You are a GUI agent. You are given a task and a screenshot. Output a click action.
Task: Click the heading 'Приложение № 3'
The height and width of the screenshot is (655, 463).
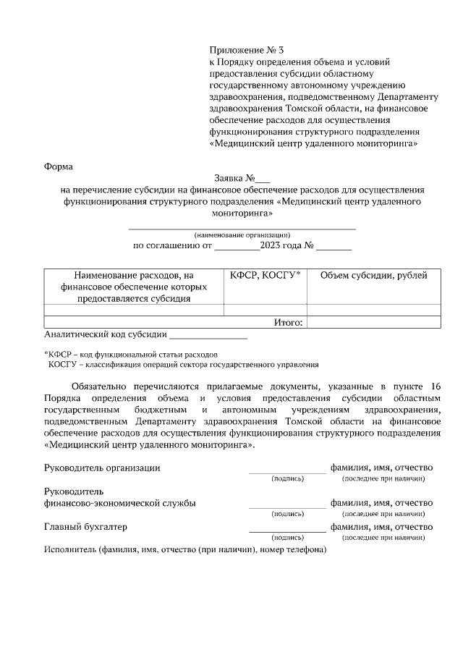pos(247,51)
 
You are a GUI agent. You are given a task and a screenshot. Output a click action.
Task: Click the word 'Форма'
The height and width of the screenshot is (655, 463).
pos(59,166)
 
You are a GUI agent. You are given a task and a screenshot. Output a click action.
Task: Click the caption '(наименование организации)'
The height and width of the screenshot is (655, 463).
pos(242,234)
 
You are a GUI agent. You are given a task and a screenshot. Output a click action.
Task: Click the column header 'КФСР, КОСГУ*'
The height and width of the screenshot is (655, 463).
pos(265,276)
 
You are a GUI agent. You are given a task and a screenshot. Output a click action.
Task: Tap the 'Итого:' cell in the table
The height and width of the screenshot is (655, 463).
pos(288,322)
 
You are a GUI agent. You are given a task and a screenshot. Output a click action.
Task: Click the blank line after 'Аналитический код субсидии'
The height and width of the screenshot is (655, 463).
pos(208,336)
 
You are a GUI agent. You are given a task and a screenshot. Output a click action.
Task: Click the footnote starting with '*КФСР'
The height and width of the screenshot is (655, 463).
pos(131,355)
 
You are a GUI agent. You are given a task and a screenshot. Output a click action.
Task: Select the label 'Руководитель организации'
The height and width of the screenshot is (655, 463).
pos(102,468)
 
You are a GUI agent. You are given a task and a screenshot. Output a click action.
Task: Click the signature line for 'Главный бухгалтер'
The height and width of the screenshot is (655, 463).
pos(287,531)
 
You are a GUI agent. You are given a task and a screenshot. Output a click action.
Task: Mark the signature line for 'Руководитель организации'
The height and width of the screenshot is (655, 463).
pos(287,471)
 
